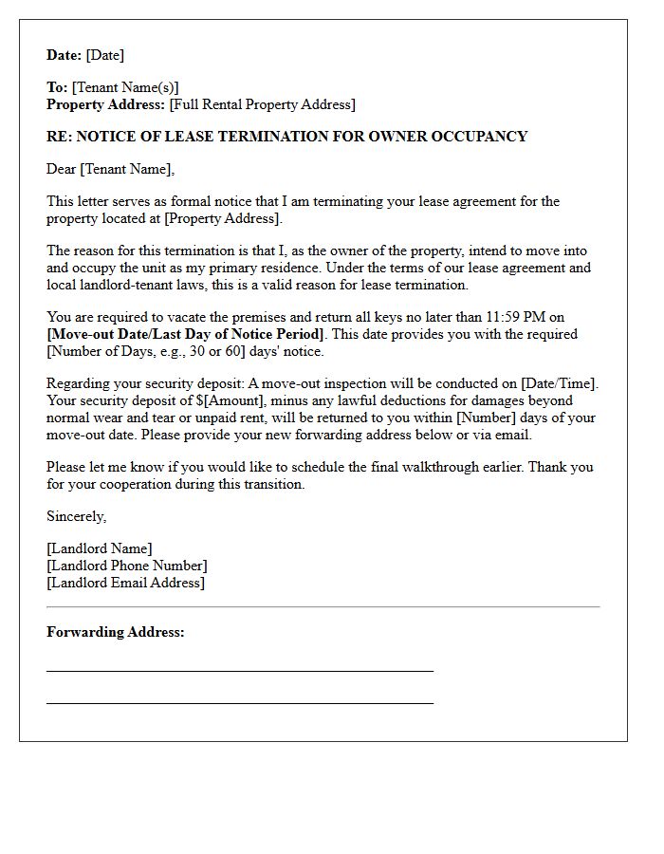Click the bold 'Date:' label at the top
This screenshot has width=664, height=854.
[x=65, y=55]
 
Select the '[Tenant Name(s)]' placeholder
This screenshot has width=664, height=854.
[x=125, y=87]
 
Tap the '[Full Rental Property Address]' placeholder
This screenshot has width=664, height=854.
[x=262, y=104]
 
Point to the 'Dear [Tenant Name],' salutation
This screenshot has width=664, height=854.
[x=111, y=169]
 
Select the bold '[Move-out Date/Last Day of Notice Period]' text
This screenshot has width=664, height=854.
[x=186, y=334]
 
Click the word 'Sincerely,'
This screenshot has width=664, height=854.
[x=77, y=516]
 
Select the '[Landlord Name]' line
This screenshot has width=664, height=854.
[x=100, y=548]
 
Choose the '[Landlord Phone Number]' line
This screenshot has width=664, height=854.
[x=127, y=566]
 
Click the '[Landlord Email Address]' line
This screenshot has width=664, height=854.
[x=125, y=583]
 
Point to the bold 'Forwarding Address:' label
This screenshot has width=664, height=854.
[x=116, y=632]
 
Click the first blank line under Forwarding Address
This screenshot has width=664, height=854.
[x=239, y=670]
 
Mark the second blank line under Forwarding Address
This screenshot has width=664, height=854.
[x=239, y=702]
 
